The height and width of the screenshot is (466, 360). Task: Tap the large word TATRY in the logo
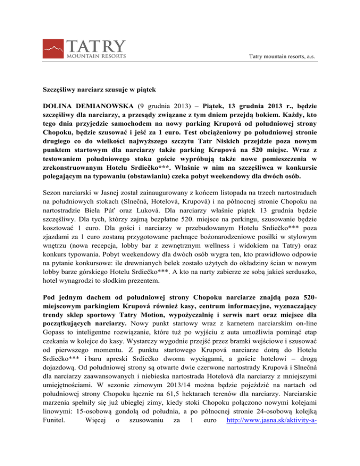pos(97,44)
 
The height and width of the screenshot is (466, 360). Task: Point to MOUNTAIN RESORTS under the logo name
pos(96,56)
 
